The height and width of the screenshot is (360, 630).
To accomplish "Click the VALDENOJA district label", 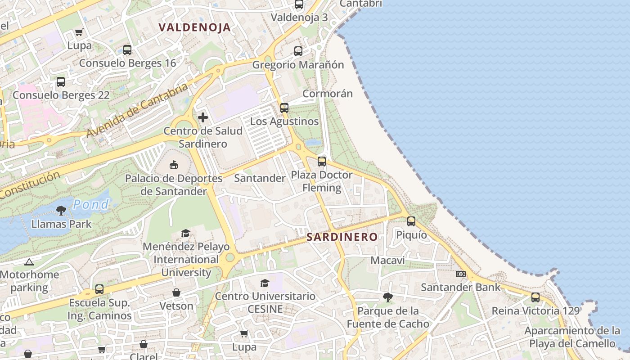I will (x=194, y=27).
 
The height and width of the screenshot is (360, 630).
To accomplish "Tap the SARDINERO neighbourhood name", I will (x=342, y=237).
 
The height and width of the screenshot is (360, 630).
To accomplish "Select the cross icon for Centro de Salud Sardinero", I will (x=203, y=117).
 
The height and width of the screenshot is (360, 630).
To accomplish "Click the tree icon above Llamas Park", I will (x=61, y=210).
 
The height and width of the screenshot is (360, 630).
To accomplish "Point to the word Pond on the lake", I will (x=91, y=205).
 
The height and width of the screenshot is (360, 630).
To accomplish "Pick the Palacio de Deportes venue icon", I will (x=174, y=165).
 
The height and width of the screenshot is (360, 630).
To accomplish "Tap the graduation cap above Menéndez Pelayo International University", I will (x=185, y=233).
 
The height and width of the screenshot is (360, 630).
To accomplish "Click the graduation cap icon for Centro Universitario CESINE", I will (x=265, y=283).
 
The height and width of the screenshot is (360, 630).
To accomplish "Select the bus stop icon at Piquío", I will (x=411, y=221).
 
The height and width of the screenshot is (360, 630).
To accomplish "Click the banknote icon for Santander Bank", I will (x=460, y=274).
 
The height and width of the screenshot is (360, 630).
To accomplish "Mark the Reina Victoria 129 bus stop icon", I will (x=535, y=297).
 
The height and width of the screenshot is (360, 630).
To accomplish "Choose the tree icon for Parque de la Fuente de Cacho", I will (x=387, y=297).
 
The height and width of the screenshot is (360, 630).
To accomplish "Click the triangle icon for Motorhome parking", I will (x=29, y=261).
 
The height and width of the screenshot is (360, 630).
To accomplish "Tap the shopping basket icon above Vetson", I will (x=176, y=292).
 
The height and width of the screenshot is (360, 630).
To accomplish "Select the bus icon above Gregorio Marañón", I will (x=298, y=51).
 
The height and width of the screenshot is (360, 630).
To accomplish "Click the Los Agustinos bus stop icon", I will (x=284, y=108).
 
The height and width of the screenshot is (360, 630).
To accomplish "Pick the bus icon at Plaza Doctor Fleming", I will (x=321, y=161).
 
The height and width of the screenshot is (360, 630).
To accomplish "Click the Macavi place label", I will (x=387, y=261).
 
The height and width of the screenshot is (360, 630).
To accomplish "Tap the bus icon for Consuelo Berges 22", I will (x=61, y=82).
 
